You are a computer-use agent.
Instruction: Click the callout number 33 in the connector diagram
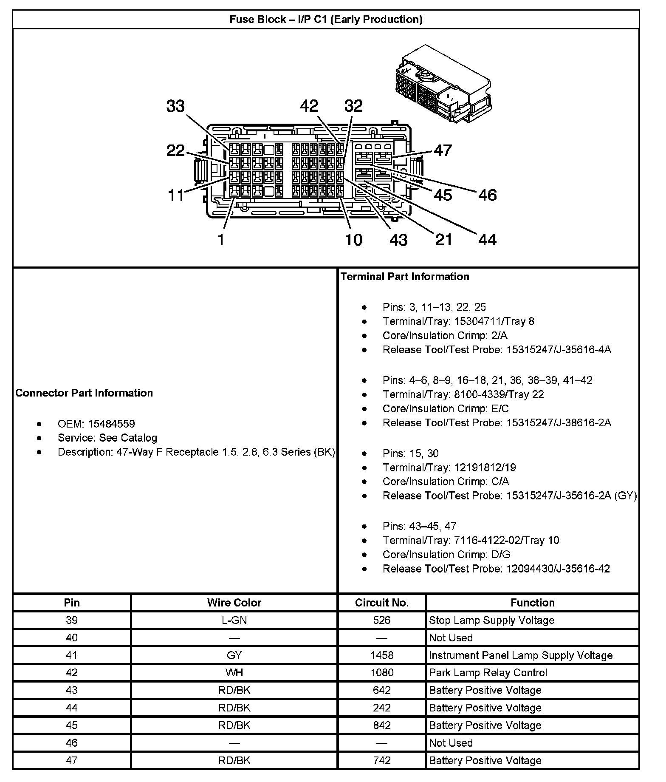pos(175,106)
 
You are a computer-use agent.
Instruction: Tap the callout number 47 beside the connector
pos(443,150)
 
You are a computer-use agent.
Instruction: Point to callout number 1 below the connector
pos(221,240)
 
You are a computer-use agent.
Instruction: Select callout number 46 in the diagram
pos(487,195)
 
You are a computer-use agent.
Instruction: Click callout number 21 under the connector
pos(444,240)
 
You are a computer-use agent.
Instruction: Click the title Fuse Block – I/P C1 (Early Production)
pos(326,20)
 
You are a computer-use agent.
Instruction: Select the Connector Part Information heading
pos(84,393)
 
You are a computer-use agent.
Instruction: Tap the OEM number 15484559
pos(111,424)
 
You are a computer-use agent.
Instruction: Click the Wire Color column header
pos(234,603)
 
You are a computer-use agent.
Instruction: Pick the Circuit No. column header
pos(381,603)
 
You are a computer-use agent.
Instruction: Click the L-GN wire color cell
pos(234,620)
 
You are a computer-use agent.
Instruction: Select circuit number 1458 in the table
pos(381,655)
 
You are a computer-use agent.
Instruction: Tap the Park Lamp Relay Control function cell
pos(488,673)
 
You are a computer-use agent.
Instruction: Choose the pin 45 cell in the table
pos(72,725)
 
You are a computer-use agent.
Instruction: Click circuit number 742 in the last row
pos(381,760)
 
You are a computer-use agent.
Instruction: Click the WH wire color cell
pos(234,673)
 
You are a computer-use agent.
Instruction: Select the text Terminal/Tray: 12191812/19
pos(449,467)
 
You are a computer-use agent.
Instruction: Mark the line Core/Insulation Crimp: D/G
pos(446,554)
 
